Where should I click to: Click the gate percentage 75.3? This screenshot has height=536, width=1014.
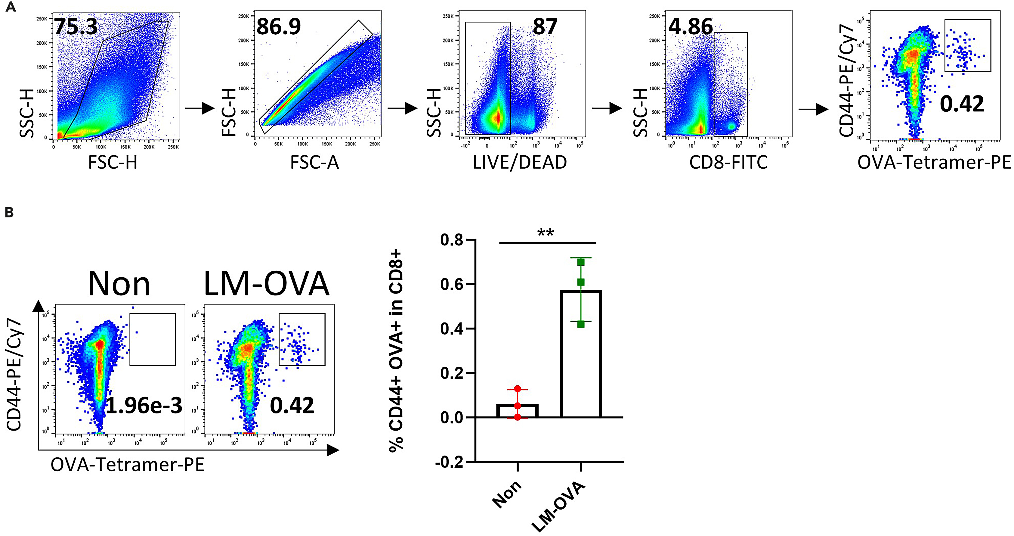tap(76, 27)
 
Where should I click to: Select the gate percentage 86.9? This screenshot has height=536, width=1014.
tap(278, 27)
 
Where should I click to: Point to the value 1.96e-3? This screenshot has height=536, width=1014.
tap(144, 405)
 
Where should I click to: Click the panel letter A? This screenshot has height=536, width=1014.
tap(11, 7)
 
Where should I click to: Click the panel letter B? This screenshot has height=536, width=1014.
tap(9, 213)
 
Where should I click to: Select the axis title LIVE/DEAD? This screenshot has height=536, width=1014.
tap(520, 162)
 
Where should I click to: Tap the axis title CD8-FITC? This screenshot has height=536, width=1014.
tap(728, 162)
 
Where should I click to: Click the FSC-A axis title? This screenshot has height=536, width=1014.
tap(314, 162)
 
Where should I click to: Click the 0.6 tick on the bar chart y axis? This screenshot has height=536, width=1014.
tap(452, 284)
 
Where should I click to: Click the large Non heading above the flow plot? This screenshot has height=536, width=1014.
tap(119, 284)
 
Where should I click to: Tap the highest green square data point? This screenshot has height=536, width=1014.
tap(581, 262)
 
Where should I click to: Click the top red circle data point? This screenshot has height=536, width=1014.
tap(517, 389)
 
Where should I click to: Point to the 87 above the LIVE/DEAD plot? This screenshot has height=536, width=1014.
tap(545, 27)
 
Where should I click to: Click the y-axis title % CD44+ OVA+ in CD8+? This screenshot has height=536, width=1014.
tap(397, 351)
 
